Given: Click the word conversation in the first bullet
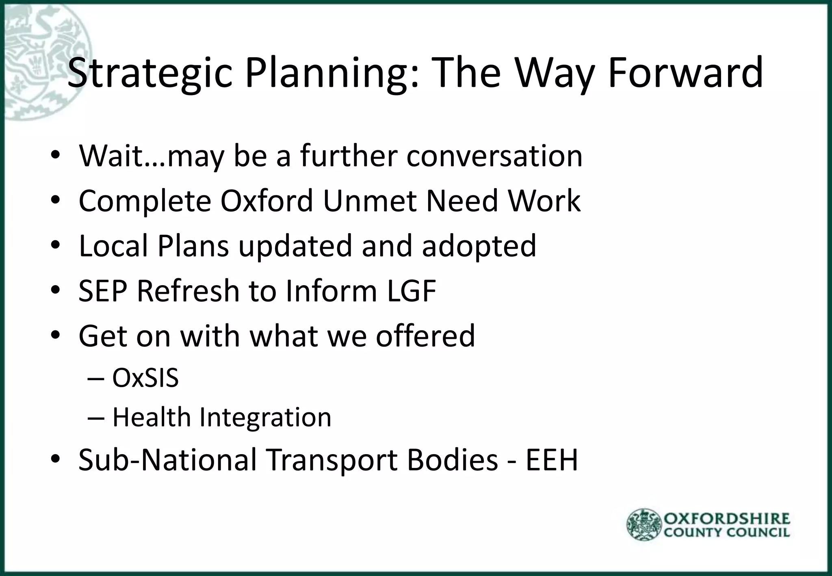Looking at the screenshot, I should [494, 156].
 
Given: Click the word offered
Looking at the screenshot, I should [425, 336].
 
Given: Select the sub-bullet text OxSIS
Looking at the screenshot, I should [145, 378].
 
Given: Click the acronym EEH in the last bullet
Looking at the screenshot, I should [551, 460].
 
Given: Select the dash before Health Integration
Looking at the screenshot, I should [96, 418].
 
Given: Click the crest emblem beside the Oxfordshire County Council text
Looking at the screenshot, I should [644, 525].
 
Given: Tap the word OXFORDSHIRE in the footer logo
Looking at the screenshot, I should [727, 519].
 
